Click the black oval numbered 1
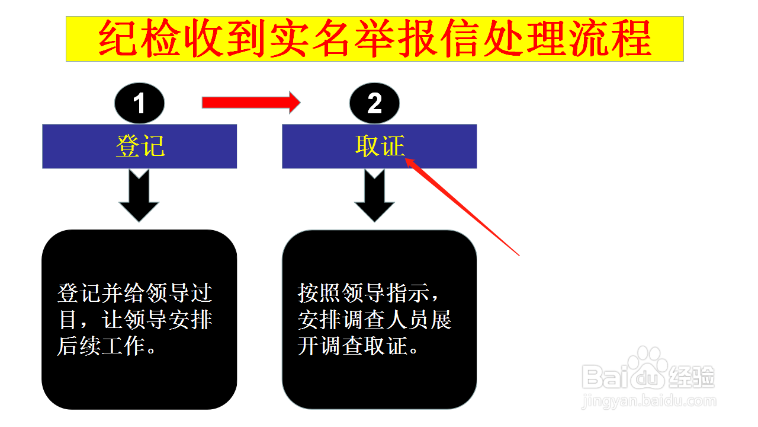139,103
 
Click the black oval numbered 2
374,103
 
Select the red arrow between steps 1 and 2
250,103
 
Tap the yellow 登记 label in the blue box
140,146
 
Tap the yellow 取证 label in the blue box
380,146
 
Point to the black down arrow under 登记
139,196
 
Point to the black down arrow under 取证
374,196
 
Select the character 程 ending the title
631,39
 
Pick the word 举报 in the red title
396,39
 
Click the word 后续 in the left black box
79,346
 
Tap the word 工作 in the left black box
124,346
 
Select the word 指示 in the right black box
409,293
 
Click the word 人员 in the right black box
409,319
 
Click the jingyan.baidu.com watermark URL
648,401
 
